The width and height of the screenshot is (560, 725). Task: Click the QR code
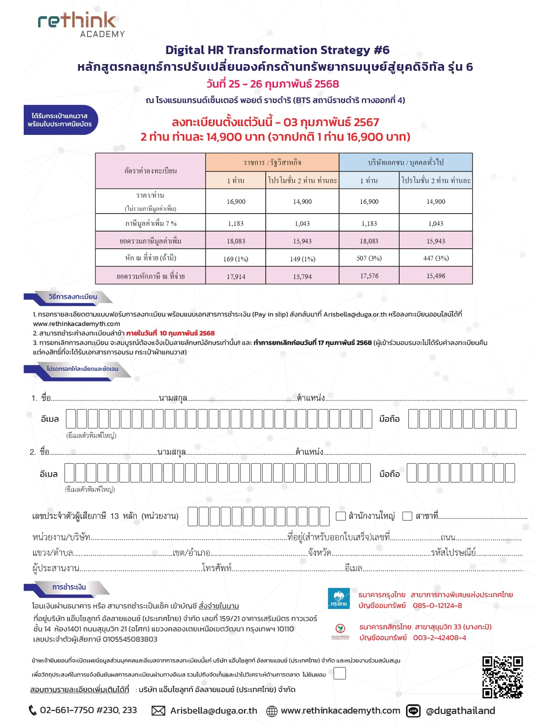(x=502, y=677)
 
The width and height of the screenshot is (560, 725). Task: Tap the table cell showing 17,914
(x=236, y=276)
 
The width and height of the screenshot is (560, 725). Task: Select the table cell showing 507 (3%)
(x=369, y=258)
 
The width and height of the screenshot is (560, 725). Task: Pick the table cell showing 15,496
(x=436, y=276)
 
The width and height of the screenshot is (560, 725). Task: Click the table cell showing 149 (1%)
(x=302, y=259)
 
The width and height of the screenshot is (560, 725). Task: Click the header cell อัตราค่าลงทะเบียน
(x=150, y=171)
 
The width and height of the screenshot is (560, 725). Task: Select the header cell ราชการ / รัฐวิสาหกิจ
(x=272, y=162)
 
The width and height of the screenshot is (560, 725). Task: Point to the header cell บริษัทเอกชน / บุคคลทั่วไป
(x=405, y=162)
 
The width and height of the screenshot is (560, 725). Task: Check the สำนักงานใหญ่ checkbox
(x=341, y=516)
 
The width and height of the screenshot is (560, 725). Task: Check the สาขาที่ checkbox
(x=408, y=516)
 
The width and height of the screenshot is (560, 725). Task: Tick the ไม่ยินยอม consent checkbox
(x=340, y=673)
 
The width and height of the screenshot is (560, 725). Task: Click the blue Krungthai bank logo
(x=339, y=598)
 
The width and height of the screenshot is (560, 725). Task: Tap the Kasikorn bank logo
(x=340, y=631)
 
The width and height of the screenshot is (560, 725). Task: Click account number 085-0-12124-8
(x=437, y=605)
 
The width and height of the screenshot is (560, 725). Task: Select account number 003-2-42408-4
(x=439, y=638)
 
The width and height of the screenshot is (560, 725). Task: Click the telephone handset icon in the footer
(x=33, y=710)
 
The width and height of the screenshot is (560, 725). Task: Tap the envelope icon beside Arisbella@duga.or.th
(x=158, y=711)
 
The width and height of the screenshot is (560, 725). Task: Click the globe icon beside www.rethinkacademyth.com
(x=272, y=711)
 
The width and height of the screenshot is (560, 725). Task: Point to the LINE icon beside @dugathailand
(x=413, y=711)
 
